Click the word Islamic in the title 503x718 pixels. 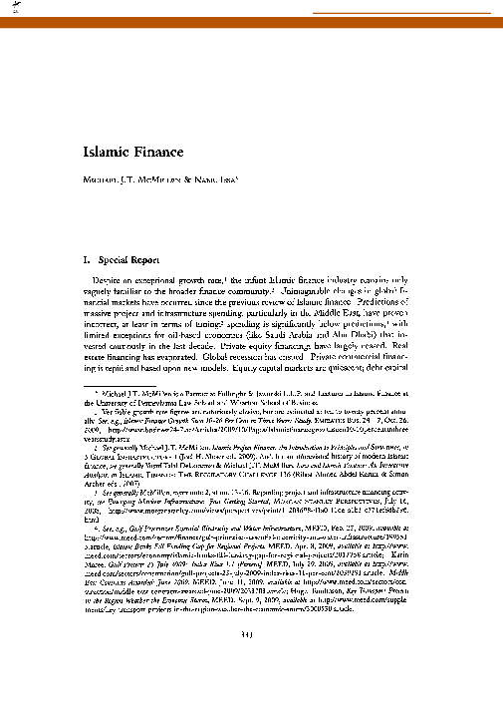tap(103, 154)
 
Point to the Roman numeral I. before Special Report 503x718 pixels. tap(85, 257)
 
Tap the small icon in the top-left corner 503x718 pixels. tap(14, 9)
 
